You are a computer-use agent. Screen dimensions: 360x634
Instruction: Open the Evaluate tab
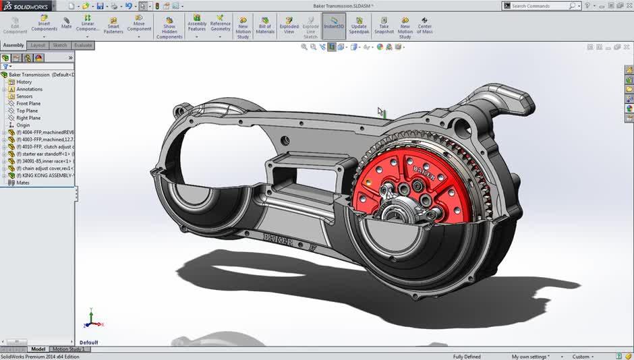pyautogui.click(x=83, y=45)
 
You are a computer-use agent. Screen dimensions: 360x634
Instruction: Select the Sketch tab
pyautogui.click(x=60, y=45)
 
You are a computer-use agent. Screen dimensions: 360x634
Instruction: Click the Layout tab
pyautogui.click(x=38, y=45)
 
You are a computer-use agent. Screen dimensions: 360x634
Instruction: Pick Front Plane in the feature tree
pyautogui.click(x=28, y=104)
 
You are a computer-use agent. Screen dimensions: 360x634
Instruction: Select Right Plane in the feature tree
pyautogui.click(x=28, y=118)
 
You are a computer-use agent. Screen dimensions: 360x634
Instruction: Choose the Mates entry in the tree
pyautogui.click(x=23, y=183)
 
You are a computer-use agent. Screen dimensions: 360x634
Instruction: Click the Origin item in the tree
pyautogui.click(x=23, y=125)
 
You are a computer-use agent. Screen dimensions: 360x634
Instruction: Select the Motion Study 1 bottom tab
pyautogui.click(x=69, y=349)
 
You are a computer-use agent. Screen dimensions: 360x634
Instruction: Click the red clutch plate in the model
pyautogui.click(x=378, y=182)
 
